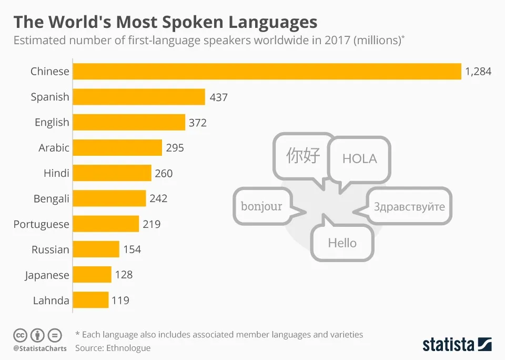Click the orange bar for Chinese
pos(267,71)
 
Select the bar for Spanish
pos(139,97)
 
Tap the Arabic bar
pos(117,147)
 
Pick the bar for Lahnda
pos(90,300)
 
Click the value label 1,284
pos(478,71)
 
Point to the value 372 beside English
pos(198,123)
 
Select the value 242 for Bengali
pos(158,198)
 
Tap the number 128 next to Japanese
pos(124,275)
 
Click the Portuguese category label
pos(41,224)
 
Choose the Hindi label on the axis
pos(56,173)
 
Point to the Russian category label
pos(50,249)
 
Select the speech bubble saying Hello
pos(342,241)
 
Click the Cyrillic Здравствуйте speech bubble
pos(405,206)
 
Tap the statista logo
pos(457,344)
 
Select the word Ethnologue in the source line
pos(128,348)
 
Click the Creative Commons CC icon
pos(20,335)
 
